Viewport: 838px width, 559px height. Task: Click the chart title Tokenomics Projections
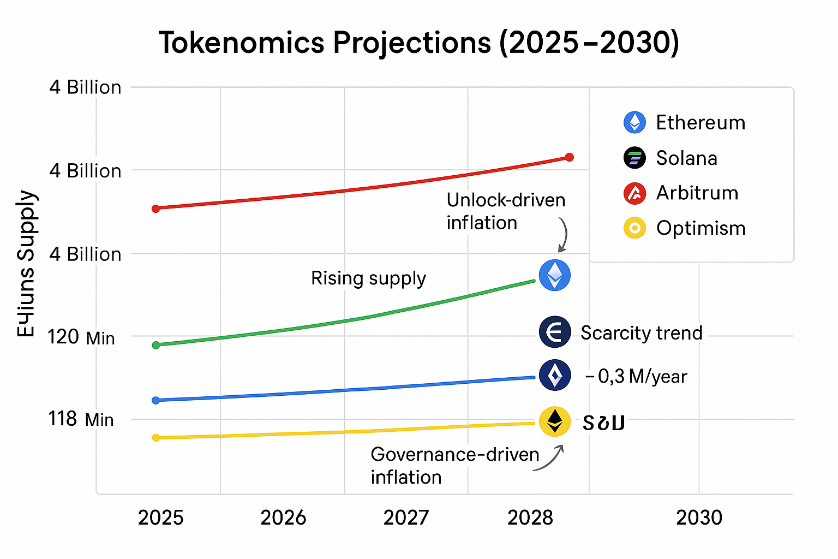[x=418, y=43]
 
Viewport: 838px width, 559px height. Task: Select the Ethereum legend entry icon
[x=635, y=122]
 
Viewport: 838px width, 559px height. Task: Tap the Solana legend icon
[x=635, y=158]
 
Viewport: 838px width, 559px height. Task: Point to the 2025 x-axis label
[x=160, y=518]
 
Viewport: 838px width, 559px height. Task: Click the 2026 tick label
[x=283, y=518]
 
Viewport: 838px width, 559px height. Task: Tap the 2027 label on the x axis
[x=406, y=518]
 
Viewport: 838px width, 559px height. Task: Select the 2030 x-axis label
[x=699, y=518]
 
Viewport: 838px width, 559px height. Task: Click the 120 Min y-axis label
[x=81, y=337]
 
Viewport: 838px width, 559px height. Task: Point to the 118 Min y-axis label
[x=81, y=419]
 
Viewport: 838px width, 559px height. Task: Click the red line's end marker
[x=570, y=157]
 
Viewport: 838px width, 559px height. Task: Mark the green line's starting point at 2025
[x=156, y=345]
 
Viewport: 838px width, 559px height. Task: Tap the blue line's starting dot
[x=156, y=400]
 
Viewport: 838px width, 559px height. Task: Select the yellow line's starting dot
[x=156, y=437]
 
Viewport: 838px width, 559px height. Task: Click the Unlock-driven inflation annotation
[x=506, y=211]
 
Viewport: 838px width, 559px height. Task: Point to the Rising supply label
[x=368, y=278]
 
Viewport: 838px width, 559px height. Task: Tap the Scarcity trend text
[x=641, y=333]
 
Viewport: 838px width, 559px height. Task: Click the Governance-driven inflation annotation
[x=454, y=466]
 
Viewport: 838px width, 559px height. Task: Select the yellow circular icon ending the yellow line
[x=555, y=421]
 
